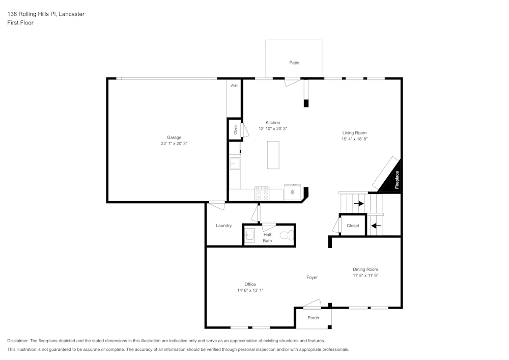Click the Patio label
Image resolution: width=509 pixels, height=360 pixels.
(294, 63)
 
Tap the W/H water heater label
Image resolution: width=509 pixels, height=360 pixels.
(234, 86)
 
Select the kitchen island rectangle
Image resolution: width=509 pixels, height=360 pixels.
(273, 155)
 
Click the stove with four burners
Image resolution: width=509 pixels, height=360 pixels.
(262, 193)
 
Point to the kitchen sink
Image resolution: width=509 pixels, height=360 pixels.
(235, 163)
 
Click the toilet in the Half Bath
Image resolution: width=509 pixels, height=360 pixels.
(289, 236)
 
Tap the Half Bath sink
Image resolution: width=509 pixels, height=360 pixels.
(249, 236)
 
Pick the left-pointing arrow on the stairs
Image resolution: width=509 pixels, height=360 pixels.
(375, 226)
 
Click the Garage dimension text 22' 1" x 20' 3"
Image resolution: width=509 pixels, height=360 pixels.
(174, 144)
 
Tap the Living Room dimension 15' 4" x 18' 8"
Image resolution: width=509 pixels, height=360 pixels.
(354, 139)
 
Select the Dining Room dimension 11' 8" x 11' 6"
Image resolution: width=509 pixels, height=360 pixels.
(365, 275)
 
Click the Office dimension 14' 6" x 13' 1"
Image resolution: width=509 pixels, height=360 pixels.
(250, 290)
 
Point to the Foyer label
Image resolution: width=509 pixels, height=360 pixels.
(312, 278)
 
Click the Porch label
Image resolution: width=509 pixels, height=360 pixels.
(313, 318)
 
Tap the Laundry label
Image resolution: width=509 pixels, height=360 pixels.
(223, 226)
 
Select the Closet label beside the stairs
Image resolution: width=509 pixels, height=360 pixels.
(353, 226)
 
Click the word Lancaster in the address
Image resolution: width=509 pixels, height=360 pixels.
(71, 14)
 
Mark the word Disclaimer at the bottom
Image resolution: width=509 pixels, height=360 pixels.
(18, 341)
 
